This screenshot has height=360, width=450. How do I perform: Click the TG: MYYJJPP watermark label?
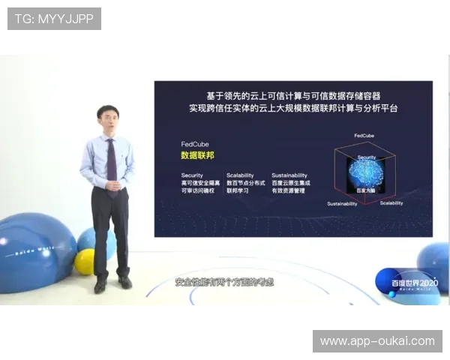[x=53, y=19]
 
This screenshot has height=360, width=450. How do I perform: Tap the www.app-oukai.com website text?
[x=377, y=341]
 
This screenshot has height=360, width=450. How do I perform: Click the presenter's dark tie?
[x=112, y=161]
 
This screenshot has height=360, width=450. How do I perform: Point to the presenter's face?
[x=108, y=121]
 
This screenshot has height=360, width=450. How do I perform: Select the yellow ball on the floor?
[x=85, y=262]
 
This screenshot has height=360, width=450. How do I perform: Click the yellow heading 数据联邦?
[x=198, y=155]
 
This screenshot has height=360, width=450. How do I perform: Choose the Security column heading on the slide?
[x=192, y=175]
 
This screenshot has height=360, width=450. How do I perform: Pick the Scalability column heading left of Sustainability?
[x=240, y=175]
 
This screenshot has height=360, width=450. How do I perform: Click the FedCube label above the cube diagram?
[x=364, y=136]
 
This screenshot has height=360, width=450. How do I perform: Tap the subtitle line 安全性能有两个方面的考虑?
[x=224, y=283]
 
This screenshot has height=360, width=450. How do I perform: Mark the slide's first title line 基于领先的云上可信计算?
[x=293, y=95]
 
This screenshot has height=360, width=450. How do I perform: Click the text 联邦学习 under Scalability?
[x=240, y=191]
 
